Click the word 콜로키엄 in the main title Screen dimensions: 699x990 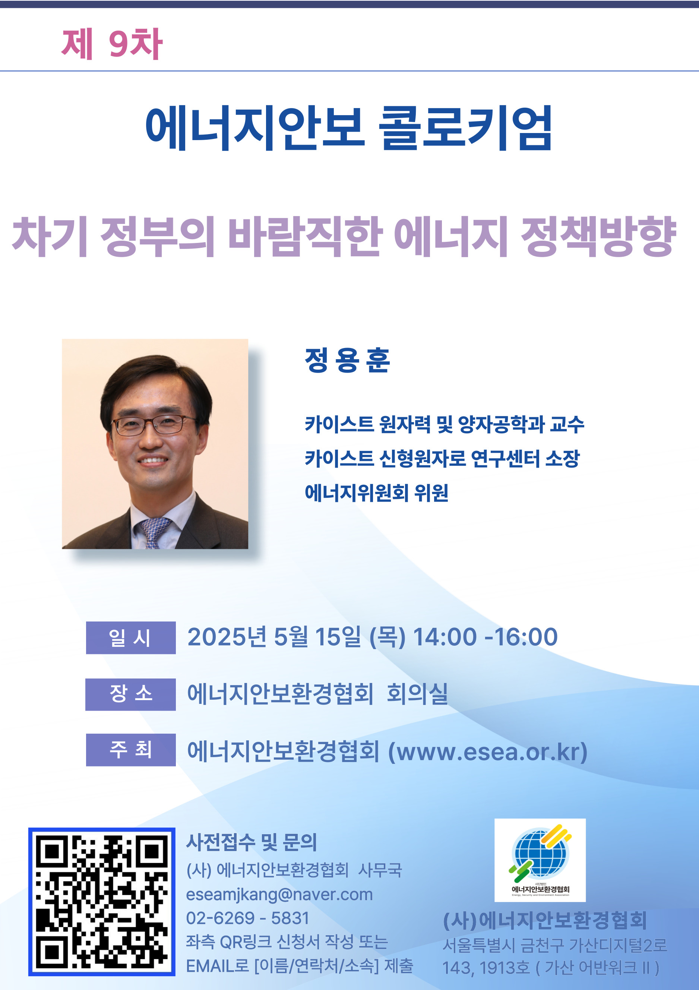click(x=466, y=128)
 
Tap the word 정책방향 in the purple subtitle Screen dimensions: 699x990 click(x=598, y=236)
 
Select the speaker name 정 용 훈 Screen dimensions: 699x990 click(x=348, y=360)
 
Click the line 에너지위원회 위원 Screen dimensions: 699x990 click(x=376, y=493)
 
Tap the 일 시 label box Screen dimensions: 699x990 click(x=131, y=637)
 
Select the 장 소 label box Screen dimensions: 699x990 click(x=131, y=694)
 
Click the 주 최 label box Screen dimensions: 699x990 click(x=131, y=749)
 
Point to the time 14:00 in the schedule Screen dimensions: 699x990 click(x=445, y=637)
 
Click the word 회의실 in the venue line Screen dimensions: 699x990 click(x=417, y=694)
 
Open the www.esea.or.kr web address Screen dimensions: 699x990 click(x=488, y=752)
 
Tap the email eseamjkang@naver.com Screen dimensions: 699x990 click(x=279, y=894)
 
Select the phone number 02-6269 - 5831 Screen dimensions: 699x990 click(x=247, y=918)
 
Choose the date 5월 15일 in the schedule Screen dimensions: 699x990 click(x=317, y=637)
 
